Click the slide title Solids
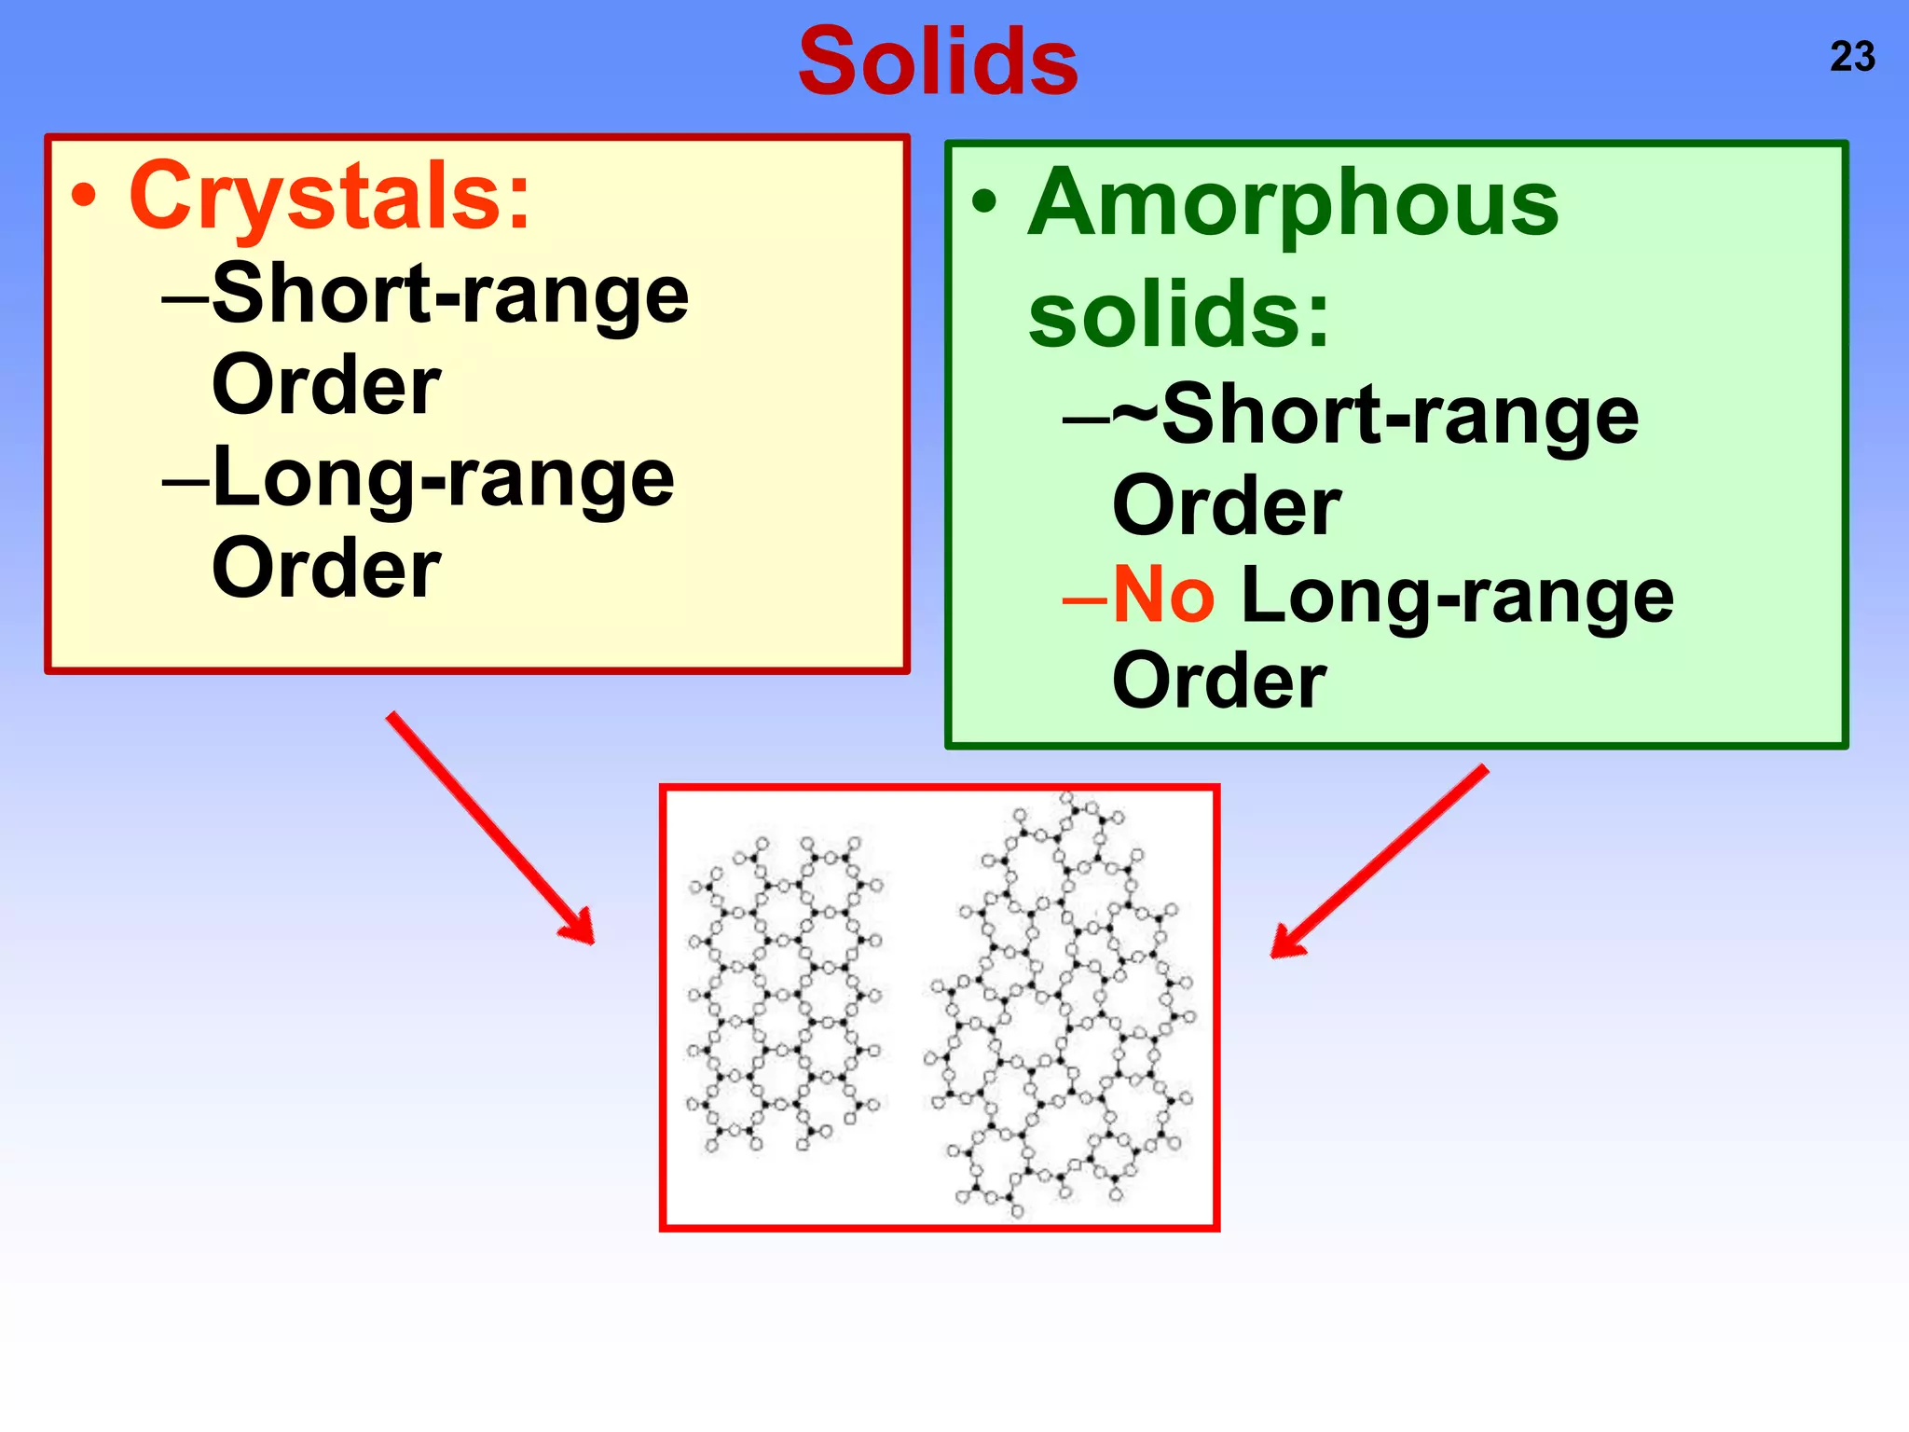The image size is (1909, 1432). (x=939, y=62)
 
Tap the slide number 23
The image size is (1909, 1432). (x=1852, y=57)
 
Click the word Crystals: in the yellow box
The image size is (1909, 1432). (x=330, y=197)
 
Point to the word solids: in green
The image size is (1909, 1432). (x=1179, y=314)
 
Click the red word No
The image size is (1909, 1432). (x=1163, y=595)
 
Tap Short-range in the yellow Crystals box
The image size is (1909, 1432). (x=450, y=295)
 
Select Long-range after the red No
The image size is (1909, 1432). (x=1458, y=597)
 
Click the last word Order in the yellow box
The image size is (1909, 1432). (x=326, y=569)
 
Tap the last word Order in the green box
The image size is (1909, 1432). (x=1219, y=681)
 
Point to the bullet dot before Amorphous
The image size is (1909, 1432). (x=984, y=202)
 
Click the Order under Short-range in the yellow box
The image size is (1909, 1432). (x=326, y=385)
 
